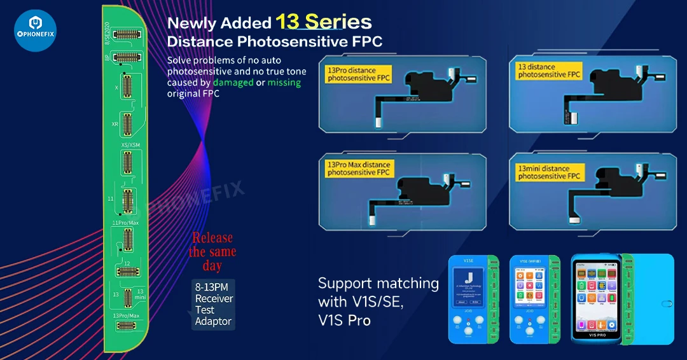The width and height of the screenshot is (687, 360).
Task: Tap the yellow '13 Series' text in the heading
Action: coord(323,22)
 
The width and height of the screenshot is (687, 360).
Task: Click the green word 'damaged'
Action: coord(233,83)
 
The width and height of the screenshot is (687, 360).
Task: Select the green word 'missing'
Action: coord(284,83)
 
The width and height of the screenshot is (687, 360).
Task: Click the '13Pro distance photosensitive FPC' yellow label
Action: coord(357,74)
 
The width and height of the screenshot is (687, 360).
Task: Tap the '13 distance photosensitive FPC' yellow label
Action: coord(549,71)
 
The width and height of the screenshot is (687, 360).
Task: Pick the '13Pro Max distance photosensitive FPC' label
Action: coord(358,169)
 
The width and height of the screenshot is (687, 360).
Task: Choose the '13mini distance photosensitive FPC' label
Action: coord(549,172)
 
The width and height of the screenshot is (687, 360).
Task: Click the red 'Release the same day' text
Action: coord(212,252)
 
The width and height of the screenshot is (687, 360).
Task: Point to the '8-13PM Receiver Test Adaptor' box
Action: coord(214,304)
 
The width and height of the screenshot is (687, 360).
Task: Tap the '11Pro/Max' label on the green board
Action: coord(125,223)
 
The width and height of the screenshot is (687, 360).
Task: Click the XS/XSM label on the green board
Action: coord(130,146)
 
